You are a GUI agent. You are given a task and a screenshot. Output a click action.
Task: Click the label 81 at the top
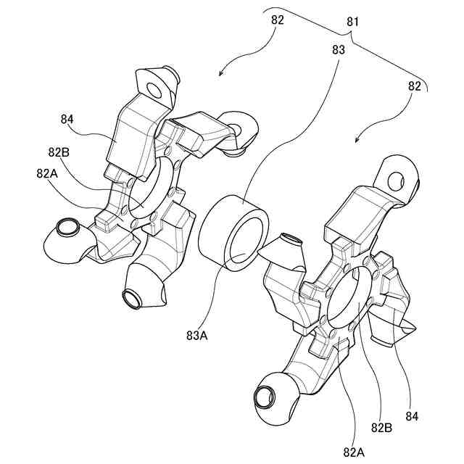pos(353,22)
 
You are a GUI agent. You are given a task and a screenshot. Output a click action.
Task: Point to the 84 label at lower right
pos(412,417)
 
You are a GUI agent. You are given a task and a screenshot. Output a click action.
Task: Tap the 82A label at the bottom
pos(355,452)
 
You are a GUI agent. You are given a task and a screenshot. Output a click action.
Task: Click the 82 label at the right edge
pos(415,86)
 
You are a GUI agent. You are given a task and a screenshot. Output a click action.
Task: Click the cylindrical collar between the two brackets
pos(232,232)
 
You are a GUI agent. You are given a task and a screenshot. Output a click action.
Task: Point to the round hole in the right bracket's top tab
pos(397,181)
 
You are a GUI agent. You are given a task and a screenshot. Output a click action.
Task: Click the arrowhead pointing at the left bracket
pos(222,73)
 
